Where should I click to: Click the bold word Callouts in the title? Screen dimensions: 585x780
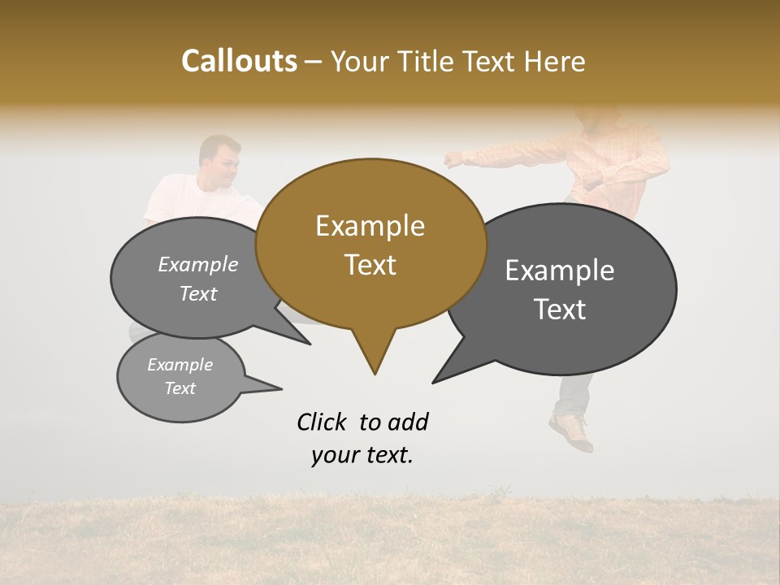239,62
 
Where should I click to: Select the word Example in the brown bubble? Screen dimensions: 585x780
370,226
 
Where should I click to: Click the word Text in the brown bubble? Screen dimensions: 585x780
370,265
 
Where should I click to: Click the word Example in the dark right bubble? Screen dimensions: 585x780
560,271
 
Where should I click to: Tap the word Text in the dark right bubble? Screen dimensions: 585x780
560,310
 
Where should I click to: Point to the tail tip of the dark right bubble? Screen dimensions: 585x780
434,382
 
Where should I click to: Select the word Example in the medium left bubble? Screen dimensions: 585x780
197,265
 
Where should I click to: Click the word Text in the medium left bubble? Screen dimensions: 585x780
197,294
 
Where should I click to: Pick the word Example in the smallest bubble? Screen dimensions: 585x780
180,365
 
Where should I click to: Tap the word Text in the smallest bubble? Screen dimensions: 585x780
180,388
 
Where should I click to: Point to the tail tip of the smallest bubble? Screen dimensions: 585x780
281,388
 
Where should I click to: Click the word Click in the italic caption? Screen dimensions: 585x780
323,422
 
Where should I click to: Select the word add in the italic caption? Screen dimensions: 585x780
407,422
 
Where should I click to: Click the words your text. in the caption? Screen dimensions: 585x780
362,456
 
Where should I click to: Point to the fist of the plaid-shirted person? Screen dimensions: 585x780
452,159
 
